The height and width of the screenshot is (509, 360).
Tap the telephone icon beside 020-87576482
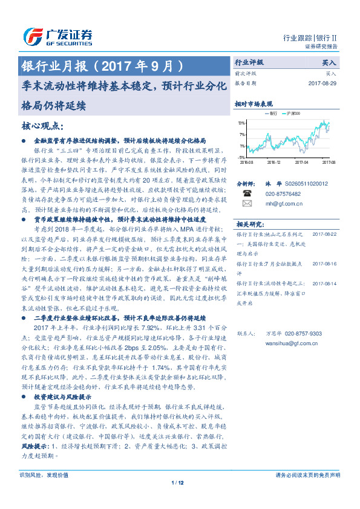click(246, 193)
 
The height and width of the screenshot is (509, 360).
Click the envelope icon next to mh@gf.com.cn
click(246, 204)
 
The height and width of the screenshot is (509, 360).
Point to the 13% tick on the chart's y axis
click(242, 123)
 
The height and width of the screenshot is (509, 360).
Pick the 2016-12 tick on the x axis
click(273, 162)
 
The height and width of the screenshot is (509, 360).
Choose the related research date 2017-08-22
click(324, 234)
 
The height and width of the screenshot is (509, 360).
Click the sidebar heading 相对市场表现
click(254, 104)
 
